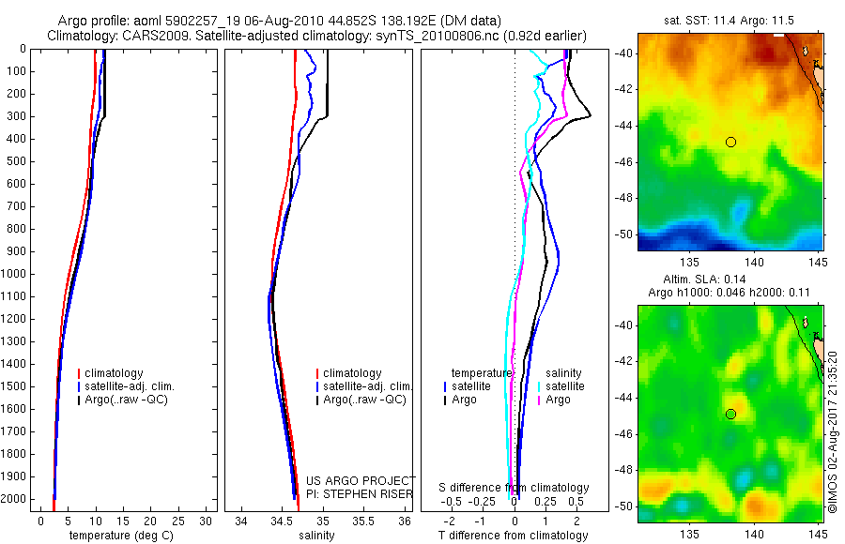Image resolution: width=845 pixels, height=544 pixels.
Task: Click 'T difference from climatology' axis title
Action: point(514,536)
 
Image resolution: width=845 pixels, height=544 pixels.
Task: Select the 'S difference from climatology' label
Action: point(515,488)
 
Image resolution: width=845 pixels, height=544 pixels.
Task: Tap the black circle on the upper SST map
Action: point(730,142)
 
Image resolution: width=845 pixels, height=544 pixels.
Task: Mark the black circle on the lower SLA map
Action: point(730,414)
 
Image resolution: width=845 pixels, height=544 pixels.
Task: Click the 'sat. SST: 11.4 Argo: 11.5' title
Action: point(730,20)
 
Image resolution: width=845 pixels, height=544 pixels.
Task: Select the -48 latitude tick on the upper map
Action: point(623,198)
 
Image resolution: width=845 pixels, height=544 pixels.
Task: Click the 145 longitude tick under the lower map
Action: point(817,531)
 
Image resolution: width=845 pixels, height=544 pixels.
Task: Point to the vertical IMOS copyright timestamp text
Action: point(833,432)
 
